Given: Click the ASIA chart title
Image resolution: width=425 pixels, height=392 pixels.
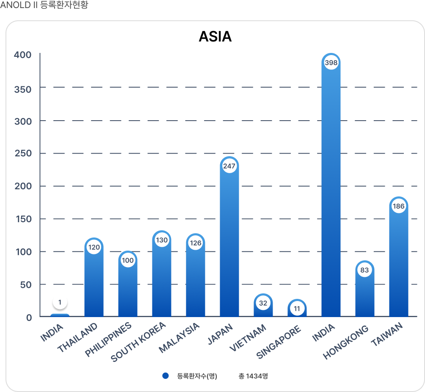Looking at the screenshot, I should pos(215,37).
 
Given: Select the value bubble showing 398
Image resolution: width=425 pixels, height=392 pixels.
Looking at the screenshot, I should pos(331,63).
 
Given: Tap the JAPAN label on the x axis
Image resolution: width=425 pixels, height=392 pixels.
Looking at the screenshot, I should pos(221,334).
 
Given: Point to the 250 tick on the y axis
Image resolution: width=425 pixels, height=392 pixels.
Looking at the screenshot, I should pos(23,153).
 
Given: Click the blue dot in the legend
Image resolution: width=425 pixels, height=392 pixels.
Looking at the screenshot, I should pos(166,376).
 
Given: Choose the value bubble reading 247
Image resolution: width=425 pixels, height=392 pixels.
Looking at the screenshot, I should pos(229,166).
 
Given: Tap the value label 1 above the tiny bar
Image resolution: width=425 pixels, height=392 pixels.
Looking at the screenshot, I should pos(60,302).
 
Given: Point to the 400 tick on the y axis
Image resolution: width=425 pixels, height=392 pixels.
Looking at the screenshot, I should pos(23,55).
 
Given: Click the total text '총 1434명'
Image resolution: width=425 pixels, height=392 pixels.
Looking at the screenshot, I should pos(253,376).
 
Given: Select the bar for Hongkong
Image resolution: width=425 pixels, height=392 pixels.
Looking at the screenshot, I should pos(365,296).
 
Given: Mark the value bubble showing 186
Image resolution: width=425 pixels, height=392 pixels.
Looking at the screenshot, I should pos(399,207).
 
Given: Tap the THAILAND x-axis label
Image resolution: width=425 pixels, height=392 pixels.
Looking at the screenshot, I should pos(77,337).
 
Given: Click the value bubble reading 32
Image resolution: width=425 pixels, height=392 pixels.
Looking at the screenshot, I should pos(263,303).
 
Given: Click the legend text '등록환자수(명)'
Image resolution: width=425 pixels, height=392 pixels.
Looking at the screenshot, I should pos(197,376).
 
